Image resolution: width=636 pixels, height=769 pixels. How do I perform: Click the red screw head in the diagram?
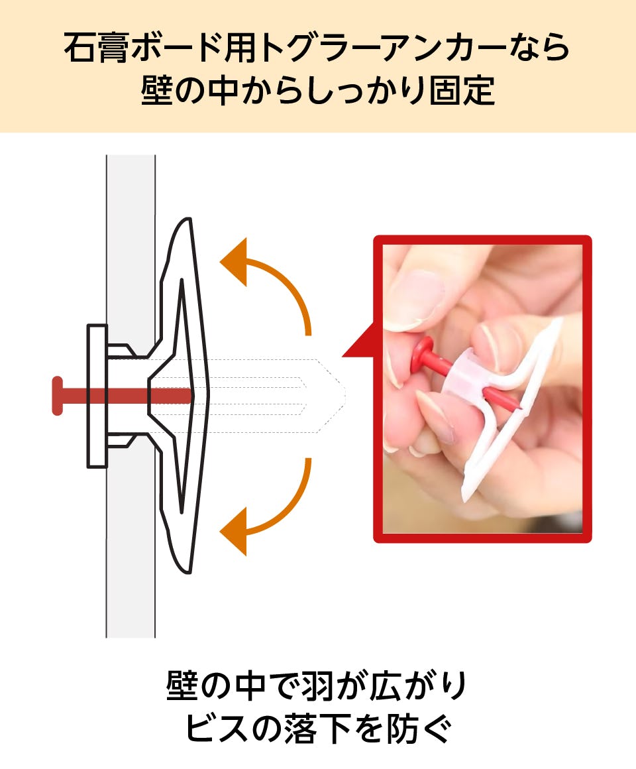tap(58, 396)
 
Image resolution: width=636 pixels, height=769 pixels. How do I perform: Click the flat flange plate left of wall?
tap(97, 396)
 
